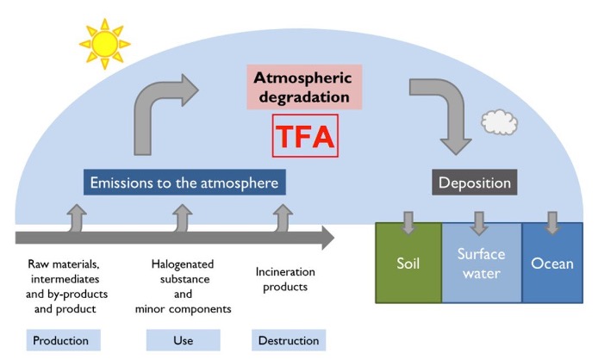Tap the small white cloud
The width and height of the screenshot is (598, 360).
pos(499,122)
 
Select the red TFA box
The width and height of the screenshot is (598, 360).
pos(304,135)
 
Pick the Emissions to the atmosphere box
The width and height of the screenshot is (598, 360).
pos(184,183)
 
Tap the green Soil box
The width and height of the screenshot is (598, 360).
pos(408,262)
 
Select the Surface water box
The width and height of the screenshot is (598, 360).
pos(481,262)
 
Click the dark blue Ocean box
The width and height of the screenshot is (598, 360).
pos(551,262)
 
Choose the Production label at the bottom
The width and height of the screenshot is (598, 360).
pos(61,340)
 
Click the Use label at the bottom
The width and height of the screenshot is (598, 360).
pos(183,340)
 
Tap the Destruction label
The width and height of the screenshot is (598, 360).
pos(290,340)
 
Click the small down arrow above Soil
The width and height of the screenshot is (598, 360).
pos(408,223)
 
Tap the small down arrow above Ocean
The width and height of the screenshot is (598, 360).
pos(551,223)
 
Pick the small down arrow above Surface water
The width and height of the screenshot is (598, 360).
pos(481,223)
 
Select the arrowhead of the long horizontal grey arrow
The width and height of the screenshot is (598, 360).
pos(327,238)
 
